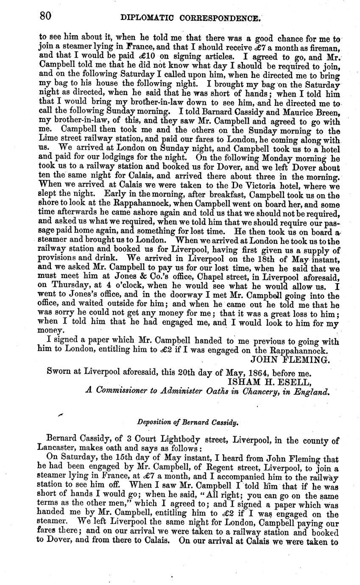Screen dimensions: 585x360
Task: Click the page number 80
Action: pyautogui.click(x=45, y=17)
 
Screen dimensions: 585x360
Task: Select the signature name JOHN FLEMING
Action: pyautogui.click(x=290, y=360)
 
